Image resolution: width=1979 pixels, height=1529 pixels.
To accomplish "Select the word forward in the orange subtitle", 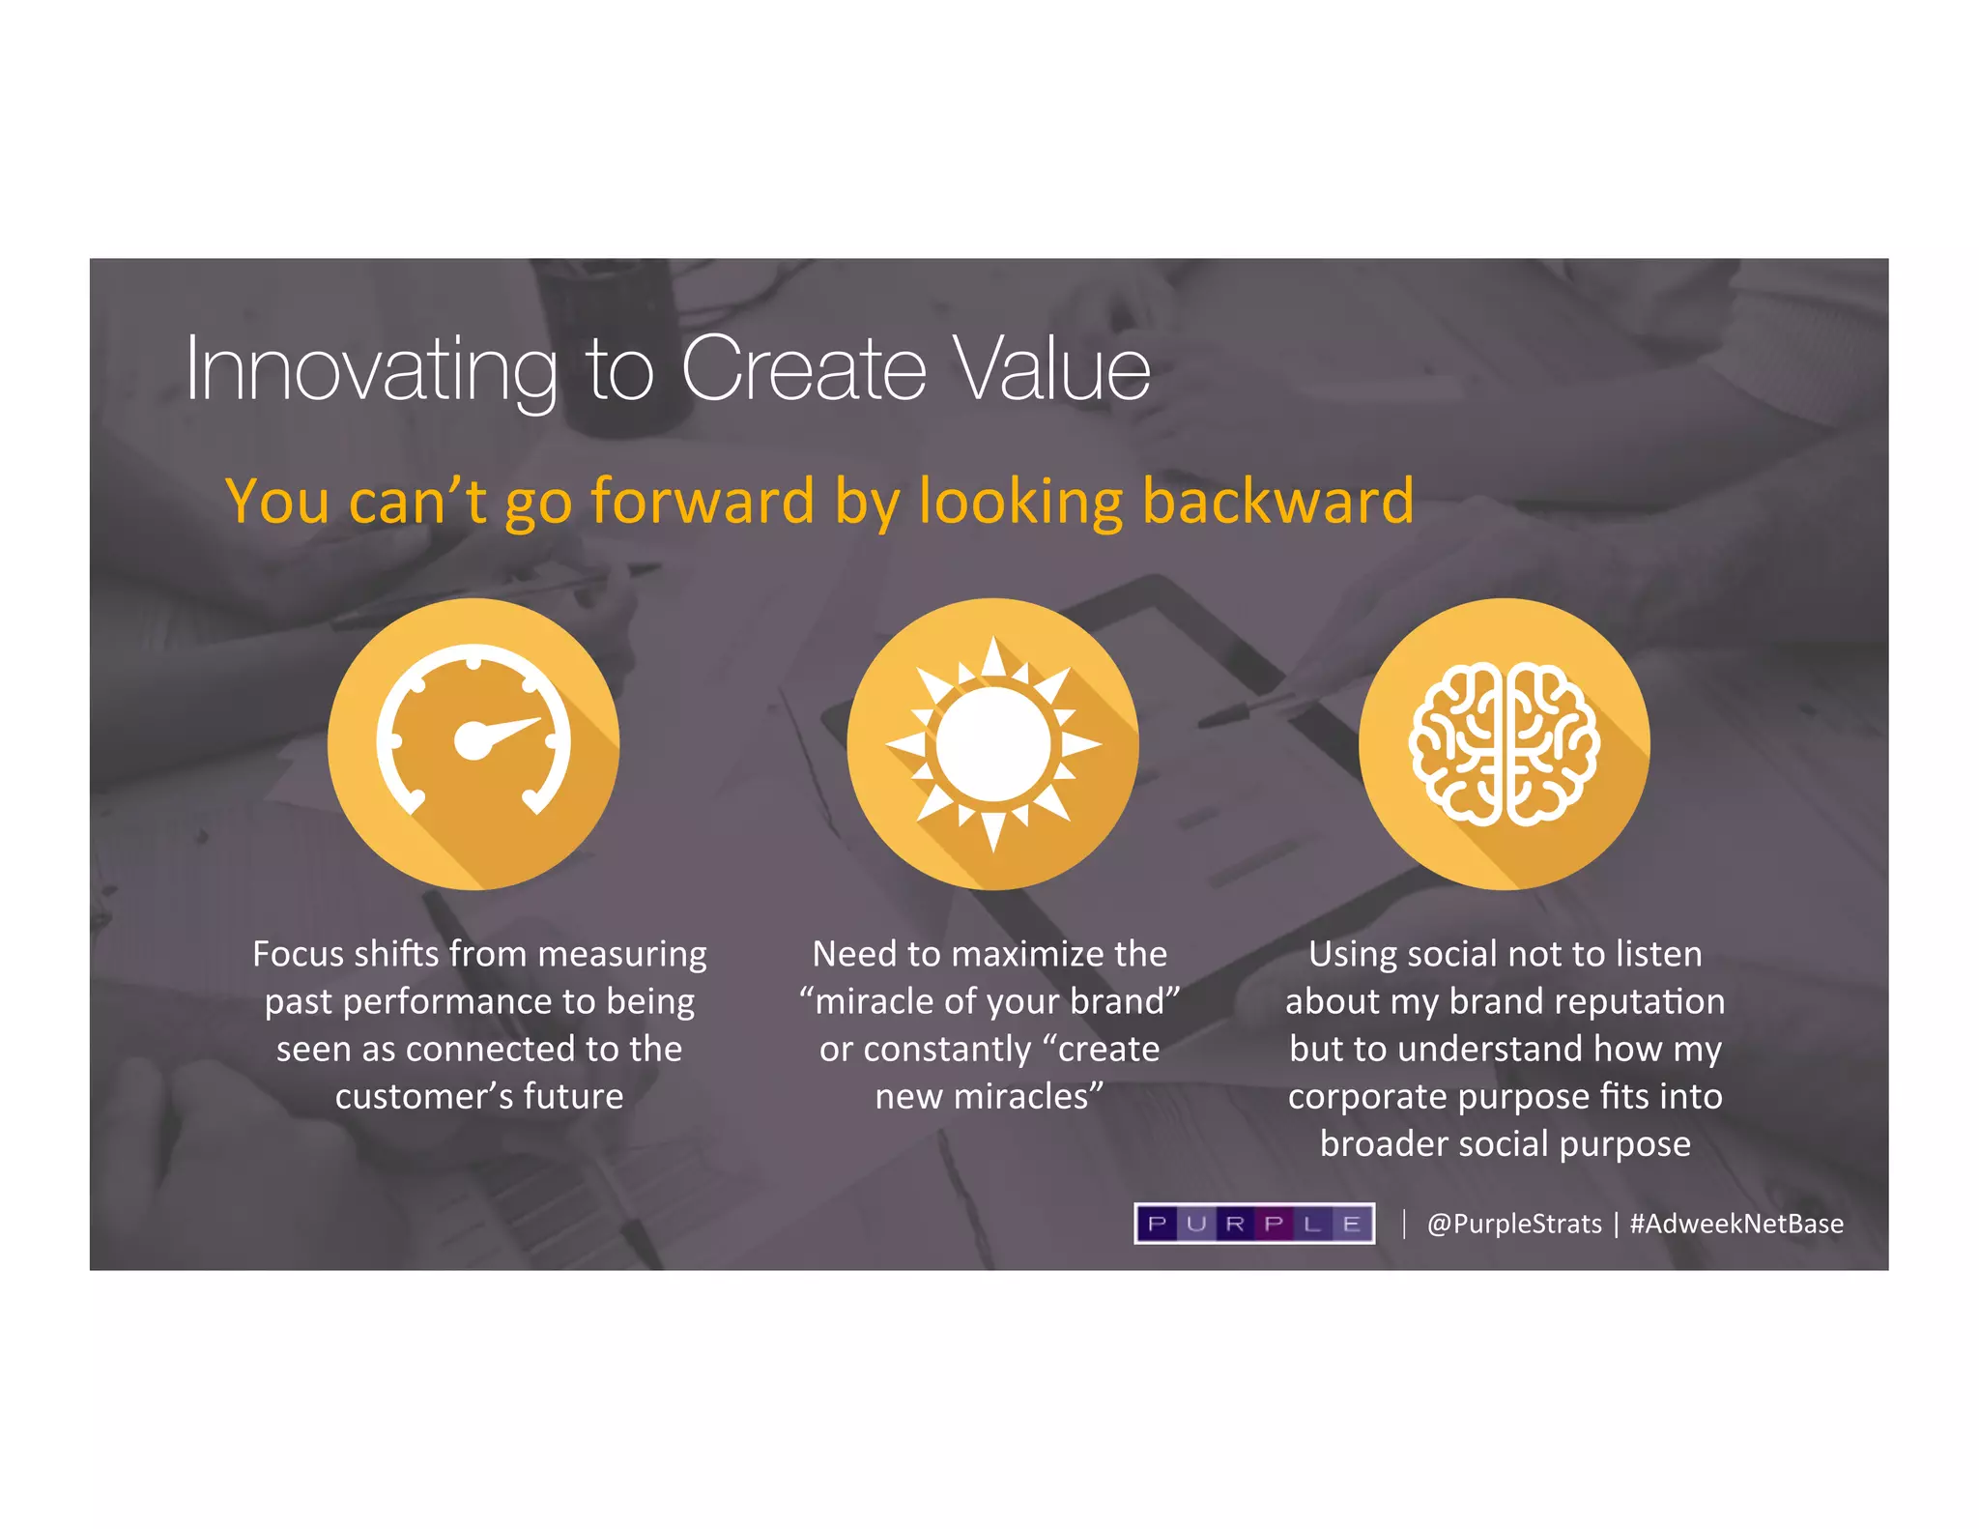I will (703, 501).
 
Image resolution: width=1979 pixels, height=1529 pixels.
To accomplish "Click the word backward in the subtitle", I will (1277, 501).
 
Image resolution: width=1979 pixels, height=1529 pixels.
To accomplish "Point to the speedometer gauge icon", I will (473, 742).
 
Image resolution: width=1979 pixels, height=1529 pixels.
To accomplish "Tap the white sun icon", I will (992, 744).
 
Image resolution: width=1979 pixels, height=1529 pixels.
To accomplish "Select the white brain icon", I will (1504, 744).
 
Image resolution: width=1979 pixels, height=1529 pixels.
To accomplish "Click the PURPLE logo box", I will (1254, 1224).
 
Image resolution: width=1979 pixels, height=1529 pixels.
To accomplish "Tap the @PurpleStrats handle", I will (1514, 1224).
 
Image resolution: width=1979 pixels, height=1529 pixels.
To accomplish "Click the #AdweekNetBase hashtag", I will (1736, 1224).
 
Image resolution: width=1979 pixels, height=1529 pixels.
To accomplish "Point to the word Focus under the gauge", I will (298, 954).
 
